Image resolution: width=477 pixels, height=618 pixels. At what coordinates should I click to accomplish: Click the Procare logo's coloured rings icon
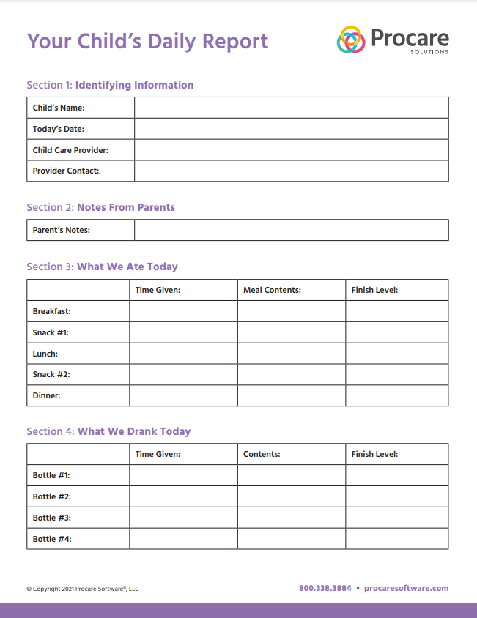click(351, 40)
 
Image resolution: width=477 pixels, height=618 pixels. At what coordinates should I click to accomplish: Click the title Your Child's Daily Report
click(148, 41)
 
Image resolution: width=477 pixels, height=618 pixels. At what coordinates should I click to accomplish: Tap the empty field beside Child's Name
click(291, 108)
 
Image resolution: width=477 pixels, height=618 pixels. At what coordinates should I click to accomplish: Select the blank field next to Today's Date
click(291, 129)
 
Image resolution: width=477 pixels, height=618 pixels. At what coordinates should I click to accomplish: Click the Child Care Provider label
click(70, 150)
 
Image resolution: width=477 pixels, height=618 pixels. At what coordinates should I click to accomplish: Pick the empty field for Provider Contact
click(291, 171)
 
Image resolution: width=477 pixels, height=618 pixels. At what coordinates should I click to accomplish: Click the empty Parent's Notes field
click(291, 230)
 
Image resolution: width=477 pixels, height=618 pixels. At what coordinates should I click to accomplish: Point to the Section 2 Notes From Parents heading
click(101, 207)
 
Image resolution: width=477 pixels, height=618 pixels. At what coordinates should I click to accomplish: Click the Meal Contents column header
click(272, 290)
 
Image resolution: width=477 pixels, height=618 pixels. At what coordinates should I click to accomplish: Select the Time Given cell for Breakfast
click(183, 311)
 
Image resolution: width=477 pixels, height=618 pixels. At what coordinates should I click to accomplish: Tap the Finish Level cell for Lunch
click(396, 354)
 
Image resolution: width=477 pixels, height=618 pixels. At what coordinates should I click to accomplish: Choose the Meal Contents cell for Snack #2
click(291, 374)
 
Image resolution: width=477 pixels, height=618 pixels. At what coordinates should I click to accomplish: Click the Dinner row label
click(47, 395)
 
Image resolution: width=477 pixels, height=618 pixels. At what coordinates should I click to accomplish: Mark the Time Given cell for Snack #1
click(183, 332)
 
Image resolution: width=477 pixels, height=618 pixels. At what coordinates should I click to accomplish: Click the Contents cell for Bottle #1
click(291, 475)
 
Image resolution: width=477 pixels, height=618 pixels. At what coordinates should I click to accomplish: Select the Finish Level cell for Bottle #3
click(396, 518)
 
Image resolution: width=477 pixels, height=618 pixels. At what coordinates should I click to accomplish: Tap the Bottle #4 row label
click(52, 539)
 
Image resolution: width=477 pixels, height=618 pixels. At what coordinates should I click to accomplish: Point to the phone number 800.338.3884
click(325, 588)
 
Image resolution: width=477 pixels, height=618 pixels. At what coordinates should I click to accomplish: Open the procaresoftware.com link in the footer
click(406, 588)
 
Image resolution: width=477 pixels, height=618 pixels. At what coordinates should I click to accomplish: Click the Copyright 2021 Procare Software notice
click(82, 589)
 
